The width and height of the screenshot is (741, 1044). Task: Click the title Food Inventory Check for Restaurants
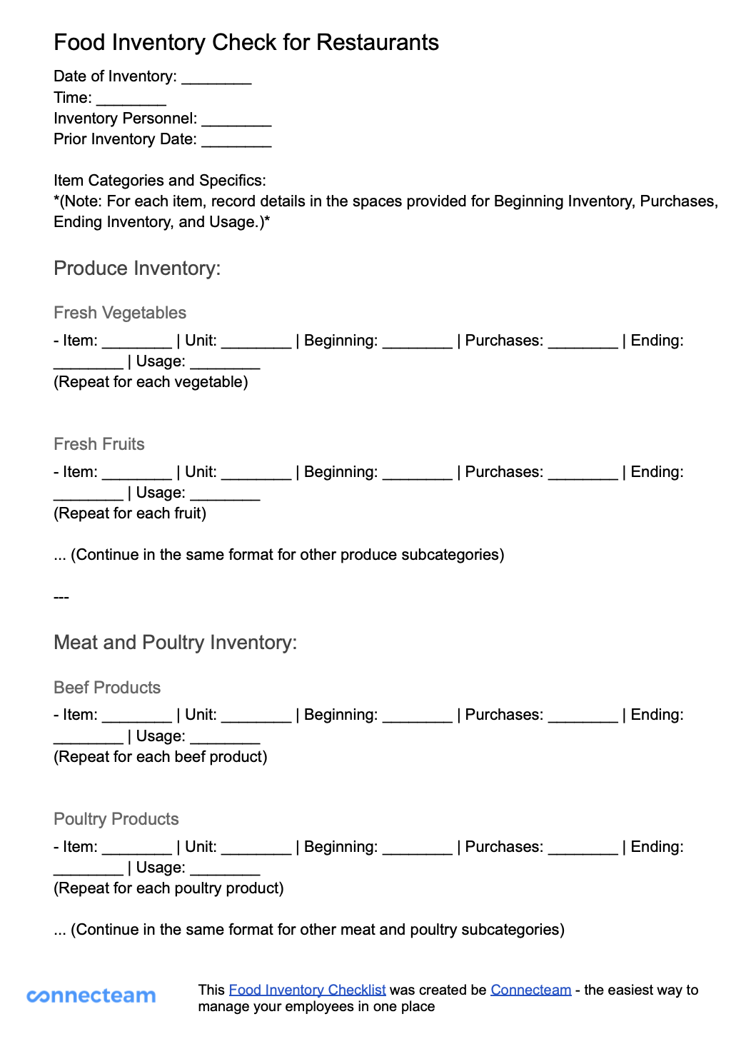point(246,43)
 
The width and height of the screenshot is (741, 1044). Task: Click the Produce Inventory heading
point(137,268)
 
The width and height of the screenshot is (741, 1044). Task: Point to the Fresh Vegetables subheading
point(120,313)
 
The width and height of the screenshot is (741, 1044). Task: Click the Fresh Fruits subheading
point(99,444)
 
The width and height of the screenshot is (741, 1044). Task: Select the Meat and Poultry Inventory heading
point(175,643)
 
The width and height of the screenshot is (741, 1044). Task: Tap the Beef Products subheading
point(107,688)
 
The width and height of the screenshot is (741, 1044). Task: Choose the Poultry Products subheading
point(116,819)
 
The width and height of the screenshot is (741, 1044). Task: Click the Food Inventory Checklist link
point(307,990)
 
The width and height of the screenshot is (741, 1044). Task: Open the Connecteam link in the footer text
point(530,990)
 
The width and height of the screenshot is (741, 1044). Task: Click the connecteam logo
point(91,995)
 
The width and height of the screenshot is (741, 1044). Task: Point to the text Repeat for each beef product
point(161,757)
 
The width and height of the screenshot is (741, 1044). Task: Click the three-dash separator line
point(61,597)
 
